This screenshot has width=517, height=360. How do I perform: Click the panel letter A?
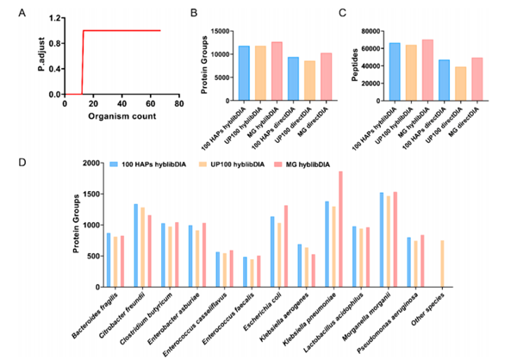coord(22,13)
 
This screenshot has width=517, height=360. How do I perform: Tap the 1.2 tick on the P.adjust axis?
coord(55,18)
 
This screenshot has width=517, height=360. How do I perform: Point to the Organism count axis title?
coord(122,116)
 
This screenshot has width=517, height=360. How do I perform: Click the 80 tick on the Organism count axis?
coord(179,103)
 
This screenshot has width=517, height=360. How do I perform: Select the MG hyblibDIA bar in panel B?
coord(277,71)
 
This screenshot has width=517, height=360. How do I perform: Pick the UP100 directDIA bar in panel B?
coord(309,80)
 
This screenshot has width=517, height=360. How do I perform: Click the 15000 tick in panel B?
coord(221,31)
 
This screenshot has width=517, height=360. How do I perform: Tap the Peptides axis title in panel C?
coord(355,65)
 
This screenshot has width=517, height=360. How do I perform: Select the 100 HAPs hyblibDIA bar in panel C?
coord(395,71)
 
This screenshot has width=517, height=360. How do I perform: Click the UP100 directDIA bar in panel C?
coord(461,84)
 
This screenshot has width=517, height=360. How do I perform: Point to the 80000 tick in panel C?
coord(371,31)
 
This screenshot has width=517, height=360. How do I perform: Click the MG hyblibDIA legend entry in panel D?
coord(302,164)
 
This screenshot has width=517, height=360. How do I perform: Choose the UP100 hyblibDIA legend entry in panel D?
coord(233,164)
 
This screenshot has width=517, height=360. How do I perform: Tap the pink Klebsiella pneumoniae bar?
coord(340,229)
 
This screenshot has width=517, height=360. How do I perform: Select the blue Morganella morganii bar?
coord(382,239)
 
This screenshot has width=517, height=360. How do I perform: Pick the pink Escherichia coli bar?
coord(286,246)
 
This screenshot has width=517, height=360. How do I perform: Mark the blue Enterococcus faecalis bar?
coord(245,272)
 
